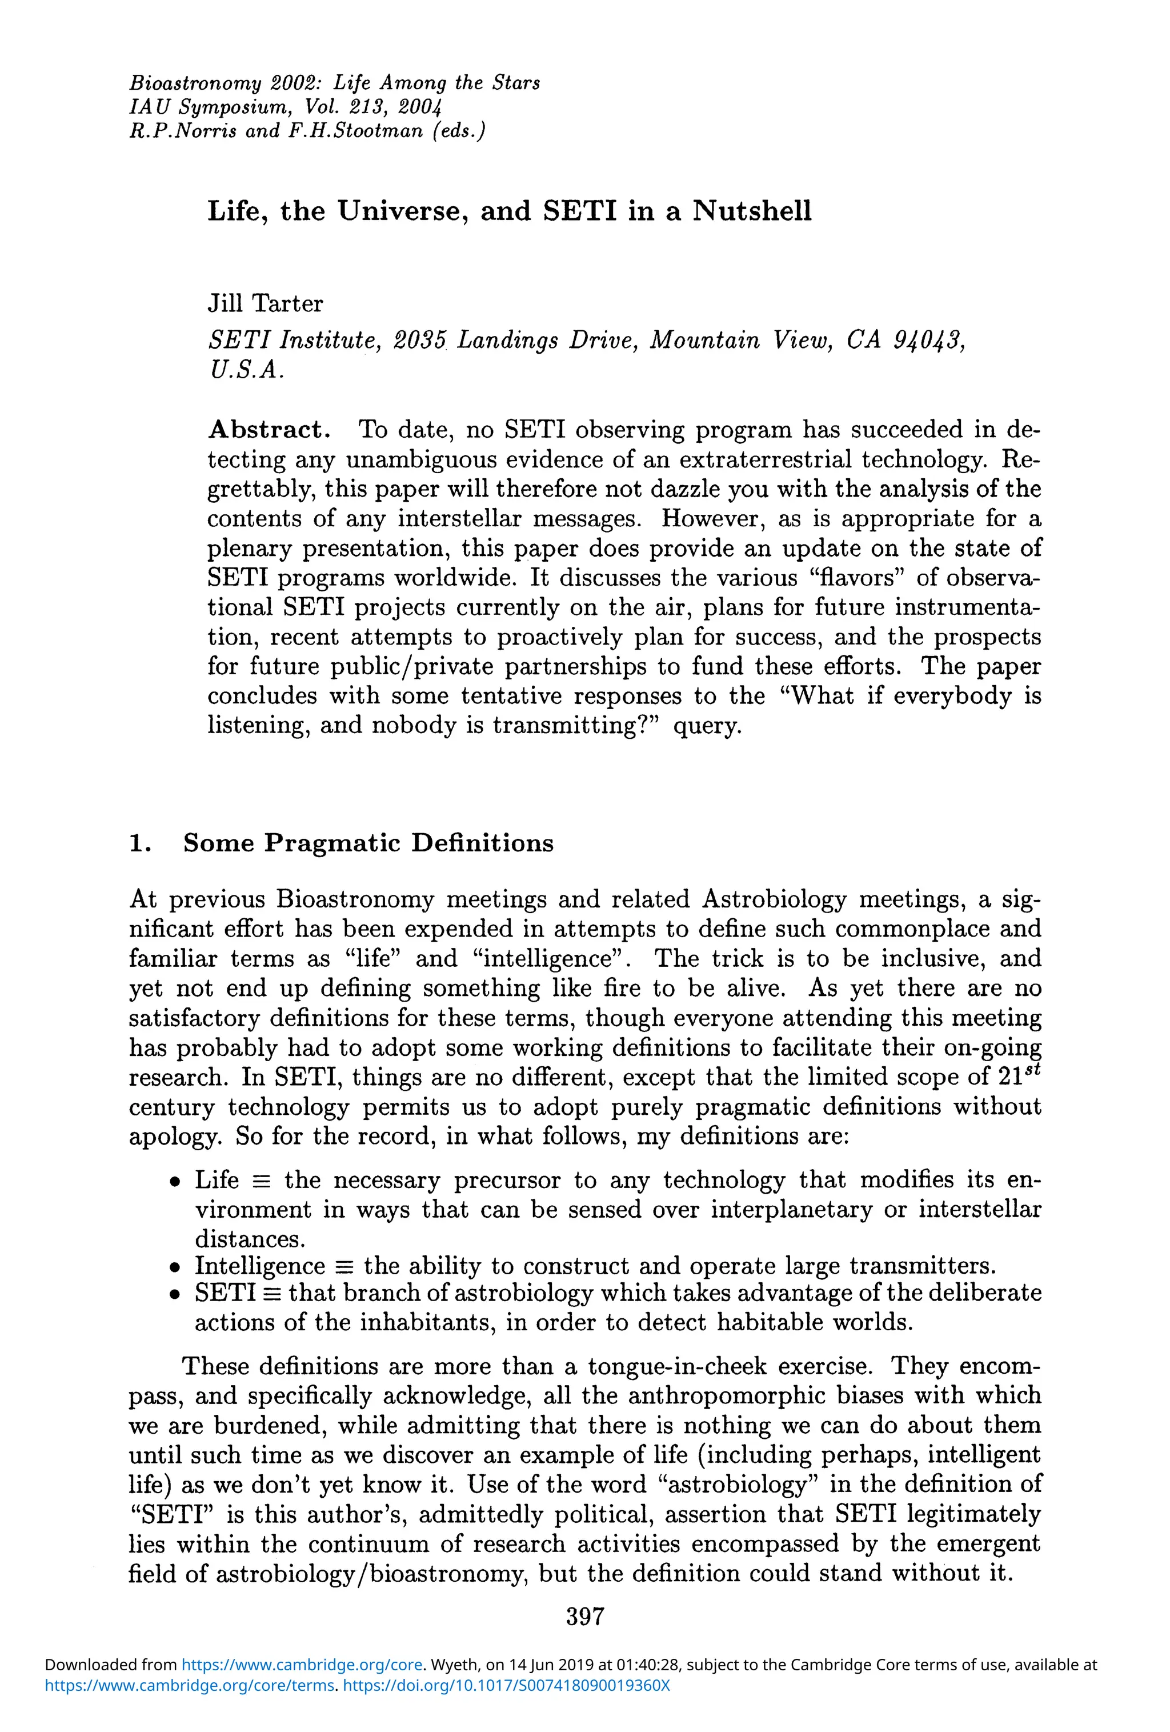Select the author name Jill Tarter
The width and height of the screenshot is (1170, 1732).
click(265, 304)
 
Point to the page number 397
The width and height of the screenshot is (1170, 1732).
click(584, 1617)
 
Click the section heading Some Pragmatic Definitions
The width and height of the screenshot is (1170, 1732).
click(368, 843)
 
